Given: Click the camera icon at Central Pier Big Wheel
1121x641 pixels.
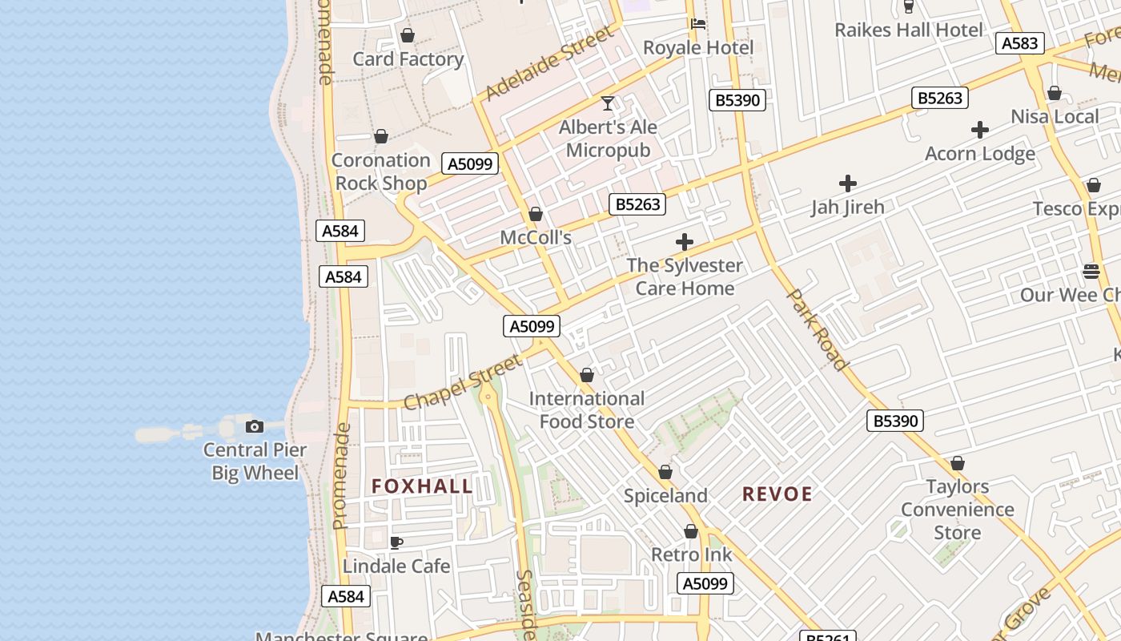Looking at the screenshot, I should [x=255, y=426].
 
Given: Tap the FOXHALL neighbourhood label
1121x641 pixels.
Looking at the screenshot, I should [x=422, y=486].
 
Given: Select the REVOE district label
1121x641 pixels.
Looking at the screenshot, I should [x=777, y=494].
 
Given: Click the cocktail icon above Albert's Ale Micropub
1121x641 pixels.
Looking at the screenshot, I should [x=608, y=103].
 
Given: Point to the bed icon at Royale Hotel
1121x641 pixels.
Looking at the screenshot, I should [x=698, y=24].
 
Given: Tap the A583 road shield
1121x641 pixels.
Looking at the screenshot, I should [x=1019, y=43].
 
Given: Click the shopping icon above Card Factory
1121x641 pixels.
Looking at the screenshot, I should [x=408, y=36].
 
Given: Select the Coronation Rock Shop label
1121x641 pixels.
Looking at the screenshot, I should [x=381, y=171].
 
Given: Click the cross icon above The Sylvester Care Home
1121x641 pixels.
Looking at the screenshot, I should [x=685, y=242].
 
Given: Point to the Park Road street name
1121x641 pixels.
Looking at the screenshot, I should [x=818, y=330].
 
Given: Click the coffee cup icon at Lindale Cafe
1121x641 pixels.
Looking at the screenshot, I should [x=396, y=542].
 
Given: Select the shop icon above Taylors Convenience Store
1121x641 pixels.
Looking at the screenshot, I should [x=958, y=464].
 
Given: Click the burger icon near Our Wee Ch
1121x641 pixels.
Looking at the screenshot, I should [x=1091, y=272].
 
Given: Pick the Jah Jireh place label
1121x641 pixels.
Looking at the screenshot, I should [x=847, y=207].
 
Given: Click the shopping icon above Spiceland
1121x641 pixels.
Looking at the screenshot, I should [x=665, y=473].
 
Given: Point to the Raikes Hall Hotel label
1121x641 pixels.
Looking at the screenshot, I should [x=908, y=30].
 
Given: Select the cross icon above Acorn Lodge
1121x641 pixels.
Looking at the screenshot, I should [x=980, y=130].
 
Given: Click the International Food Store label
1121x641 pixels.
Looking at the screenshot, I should [x=587, y=409].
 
